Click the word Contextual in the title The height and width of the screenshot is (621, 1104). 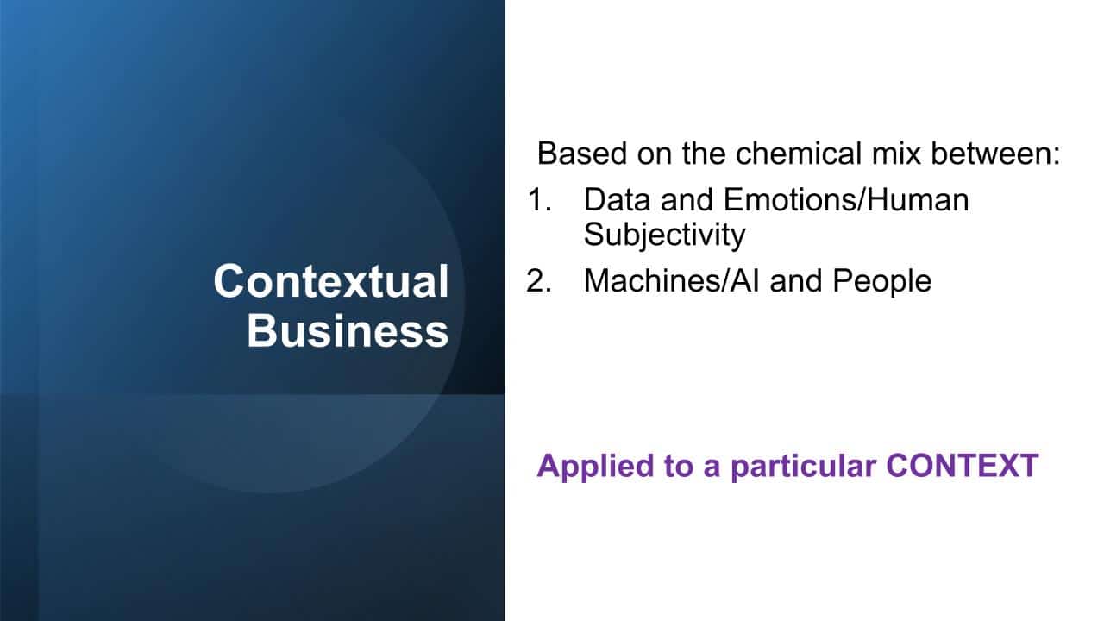tap(331, 281)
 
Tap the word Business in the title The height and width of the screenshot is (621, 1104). tap(348, 331)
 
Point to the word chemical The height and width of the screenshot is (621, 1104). tap(799, 154)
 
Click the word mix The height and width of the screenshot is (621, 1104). tap(896, 154)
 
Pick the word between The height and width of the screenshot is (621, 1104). tap(995, 154)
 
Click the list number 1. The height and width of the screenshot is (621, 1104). tap(539, 200)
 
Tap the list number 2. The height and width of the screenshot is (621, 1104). tap(539, 281)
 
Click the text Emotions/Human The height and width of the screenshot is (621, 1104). tap(846, 200)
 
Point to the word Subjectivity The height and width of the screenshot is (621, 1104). tap(664, 235)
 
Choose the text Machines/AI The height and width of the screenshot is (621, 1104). tap(672, 281)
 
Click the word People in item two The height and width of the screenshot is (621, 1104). tap(882, 281)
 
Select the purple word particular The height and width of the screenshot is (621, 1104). tap(804, 467)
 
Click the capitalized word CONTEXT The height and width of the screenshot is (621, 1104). tap(963, 465)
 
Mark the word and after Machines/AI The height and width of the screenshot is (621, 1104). tap(796, 281)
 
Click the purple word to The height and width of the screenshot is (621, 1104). tap(679, 467)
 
